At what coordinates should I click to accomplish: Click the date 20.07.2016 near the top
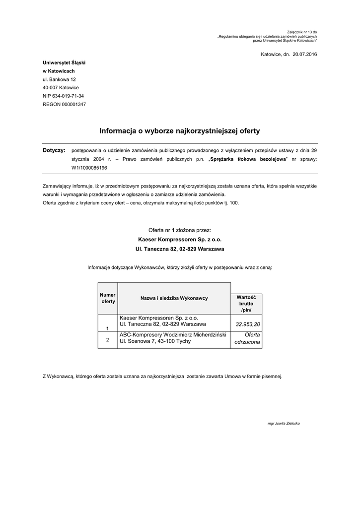point(304,54)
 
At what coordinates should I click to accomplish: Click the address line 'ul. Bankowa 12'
point(59,79)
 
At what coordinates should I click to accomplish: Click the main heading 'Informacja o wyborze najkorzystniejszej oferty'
point(180,131)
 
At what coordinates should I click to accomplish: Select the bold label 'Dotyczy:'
point(54,150)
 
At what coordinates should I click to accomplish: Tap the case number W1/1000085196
point(89,168)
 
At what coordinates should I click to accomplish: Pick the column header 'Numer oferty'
point(108,298)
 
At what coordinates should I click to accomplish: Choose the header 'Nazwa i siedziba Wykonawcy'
point(174,298)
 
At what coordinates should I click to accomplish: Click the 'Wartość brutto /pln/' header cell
point(246,303)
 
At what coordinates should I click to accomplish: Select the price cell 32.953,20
point(248,324)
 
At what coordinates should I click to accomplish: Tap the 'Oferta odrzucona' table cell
point(247,339)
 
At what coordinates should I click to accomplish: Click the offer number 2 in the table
point(108,339)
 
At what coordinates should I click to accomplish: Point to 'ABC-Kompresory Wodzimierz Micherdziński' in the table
point(173,335)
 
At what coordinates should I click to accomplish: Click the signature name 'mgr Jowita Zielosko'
point(284,423)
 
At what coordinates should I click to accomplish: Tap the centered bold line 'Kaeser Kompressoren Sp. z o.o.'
point(180,239)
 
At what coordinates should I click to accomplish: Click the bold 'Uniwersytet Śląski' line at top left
point(64,63)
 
